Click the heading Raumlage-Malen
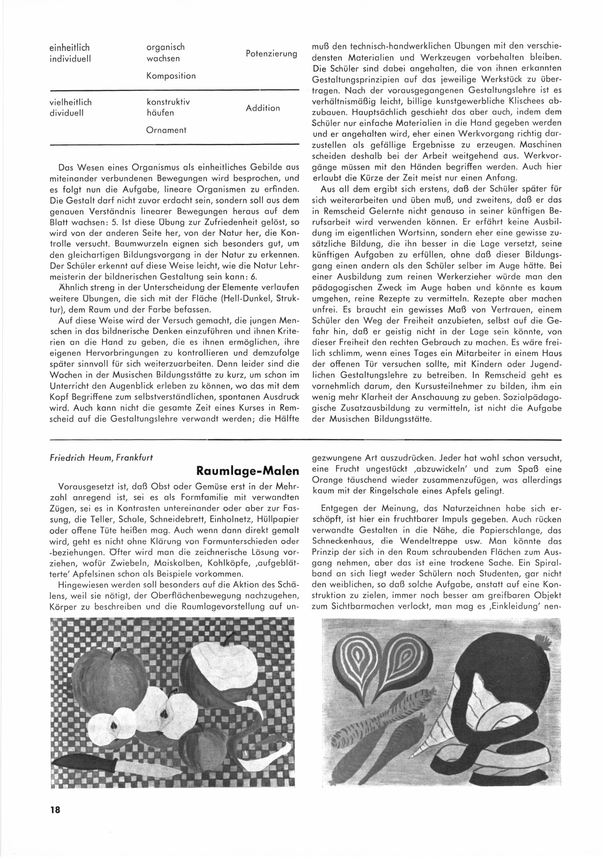[248, 471]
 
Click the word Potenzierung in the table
[271, 53]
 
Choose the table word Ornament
[166, 130]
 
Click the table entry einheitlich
[69, 48]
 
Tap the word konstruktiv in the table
[168, 102]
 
